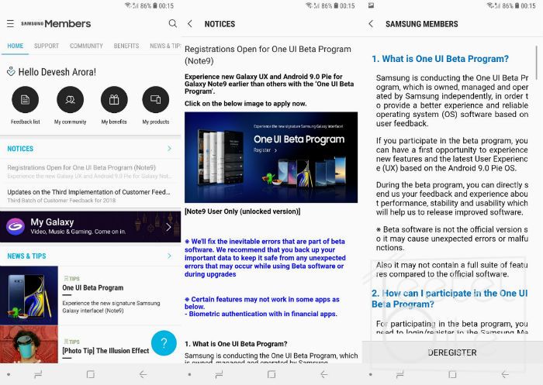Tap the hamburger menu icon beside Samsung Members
(x=10, y=24)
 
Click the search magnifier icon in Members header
(x=172, y=24)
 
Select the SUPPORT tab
(x=47, y=46)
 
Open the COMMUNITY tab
(x=86, y=46)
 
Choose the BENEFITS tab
(x=126, y=46)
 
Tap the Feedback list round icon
(x=26, y=100)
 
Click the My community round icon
(x=70, y=100)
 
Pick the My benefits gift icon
(x=113, y=100)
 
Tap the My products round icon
(x=156, y=100)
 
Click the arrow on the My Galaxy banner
(x=168, y=227)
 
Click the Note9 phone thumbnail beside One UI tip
(x=29, y=294)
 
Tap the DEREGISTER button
(x=452, y=352)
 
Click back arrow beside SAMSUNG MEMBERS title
(x=371, y=24)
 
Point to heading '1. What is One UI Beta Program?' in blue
(x=440, y=59)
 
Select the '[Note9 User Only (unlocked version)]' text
(x=242, y=211)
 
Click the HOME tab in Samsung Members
(x=16, y=46)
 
